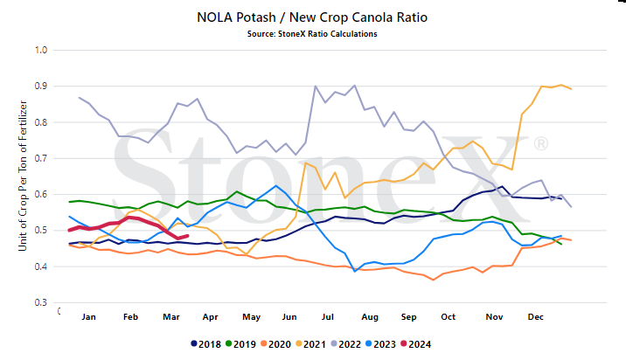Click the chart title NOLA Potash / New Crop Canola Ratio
(x=312, y=17)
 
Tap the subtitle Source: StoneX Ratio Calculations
(x=312, y=34)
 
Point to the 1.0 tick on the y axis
(x=41, y=50)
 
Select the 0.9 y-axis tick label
(x=41, y=87)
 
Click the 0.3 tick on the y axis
(x=41, y=302)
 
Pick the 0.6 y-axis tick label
(x=41, y=194)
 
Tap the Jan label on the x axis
(x=88, y=317)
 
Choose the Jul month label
(x=327, y=317)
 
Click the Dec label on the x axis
(x=535, y=317)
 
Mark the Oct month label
(x=448, y=317)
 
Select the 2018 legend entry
(x=206, y=344)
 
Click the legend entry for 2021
(x=311, y=344)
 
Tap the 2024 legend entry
(x=416, y=344)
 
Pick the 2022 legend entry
(x=346, y=344)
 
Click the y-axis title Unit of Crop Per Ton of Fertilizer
(x=23, y=176)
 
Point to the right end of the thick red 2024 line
(x=187, y=236)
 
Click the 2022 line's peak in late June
(x=316, y=86)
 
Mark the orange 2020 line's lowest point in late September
(x=433, y=280)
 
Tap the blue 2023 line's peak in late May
(x=276, y=185)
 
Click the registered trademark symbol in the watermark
(x=541, y=143)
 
